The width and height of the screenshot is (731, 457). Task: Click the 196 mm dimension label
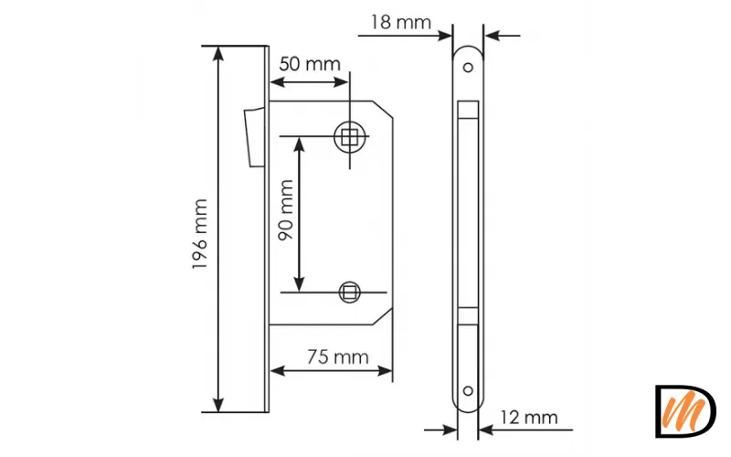pyautogui.click(x=199, y=234)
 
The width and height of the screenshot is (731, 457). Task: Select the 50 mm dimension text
pyautogui.click(x=310, y=64)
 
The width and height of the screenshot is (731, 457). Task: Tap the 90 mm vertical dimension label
pyautogui.click(x=285, y=210)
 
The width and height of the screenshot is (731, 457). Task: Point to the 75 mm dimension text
pyautogui.click(x=338, y=357)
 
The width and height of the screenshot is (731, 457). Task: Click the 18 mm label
pyautogui.click(x=401, y=22)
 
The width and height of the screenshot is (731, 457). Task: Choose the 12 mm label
pyautogui.click(x=529, y=418)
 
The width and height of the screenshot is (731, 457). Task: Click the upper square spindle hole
pyautogui.click(x=349, y=137)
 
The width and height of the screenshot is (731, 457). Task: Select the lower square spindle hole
pyautogui.click(x=349, y=292)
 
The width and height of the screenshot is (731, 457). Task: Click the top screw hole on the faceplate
pyautogui.click(x=468, y=68)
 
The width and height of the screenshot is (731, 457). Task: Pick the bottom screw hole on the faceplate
pyautogui.click(x=468, y=391)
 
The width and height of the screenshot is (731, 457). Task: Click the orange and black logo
pyautogui.click(x=685, y=410)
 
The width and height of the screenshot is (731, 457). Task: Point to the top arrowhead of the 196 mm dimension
pyautogui.click(x=217, y=54)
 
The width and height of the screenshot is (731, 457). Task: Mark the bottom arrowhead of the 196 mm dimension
pyautogui.click(x=217, y=405)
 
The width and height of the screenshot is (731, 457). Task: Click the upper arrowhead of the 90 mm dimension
pyautogui.click(x=300, y=144)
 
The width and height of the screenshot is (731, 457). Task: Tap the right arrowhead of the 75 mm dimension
pyautogui.click(x=385, y=371)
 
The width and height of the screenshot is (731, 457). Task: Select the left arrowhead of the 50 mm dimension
pyautogui.click(x=278, y=82)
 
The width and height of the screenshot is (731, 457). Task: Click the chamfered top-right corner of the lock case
pyautogui.click(x=383, y=109)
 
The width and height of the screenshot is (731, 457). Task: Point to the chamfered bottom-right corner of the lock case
pyautogui.click(x=383, y=316)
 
